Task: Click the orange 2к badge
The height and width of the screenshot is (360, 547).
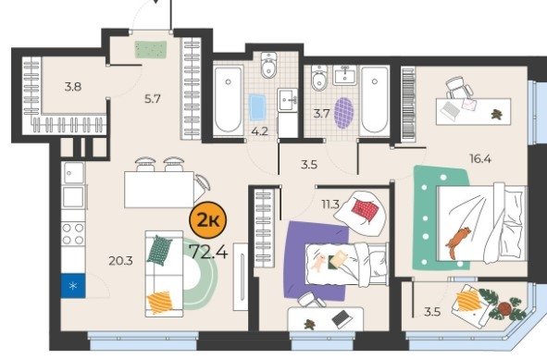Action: pos(207,220)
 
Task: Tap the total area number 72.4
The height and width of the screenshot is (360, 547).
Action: pos(208,252)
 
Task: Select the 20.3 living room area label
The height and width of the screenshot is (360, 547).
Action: pos(120,261)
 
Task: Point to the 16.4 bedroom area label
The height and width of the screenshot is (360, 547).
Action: pos(480,159)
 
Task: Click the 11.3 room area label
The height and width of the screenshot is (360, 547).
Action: pos(330,205)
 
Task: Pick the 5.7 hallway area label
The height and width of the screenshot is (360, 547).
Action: pos(153,99)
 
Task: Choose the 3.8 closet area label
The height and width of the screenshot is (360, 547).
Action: pos(73,86)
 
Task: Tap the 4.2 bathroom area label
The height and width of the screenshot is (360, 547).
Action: pos(259,131)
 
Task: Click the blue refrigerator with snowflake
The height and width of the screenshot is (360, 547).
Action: pos(73,286)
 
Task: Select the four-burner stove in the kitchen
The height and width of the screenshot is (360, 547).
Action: pos(73,234)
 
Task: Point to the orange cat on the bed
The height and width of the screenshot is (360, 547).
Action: pos(458,242)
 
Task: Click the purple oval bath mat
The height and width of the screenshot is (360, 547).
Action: pos(344,113)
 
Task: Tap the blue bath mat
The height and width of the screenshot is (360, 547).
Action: pos(257,107)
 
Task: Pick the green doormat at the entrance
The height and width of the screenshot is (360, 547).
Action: pos(151,50)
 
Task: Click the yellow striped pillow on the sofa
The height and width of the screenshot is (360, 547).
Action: pos(160,302)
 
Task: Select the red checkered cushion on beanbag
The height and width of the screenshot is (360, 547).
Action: pos(366,210)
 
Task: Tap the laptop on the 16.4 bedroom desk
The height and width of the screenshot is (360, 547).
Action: pos(450,111)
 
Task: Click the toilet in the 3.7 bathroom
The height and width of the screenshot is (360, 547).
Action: pos(319,78)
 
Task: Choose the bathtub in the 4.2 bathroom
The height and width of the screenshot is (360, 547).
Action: pos(229,100)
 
